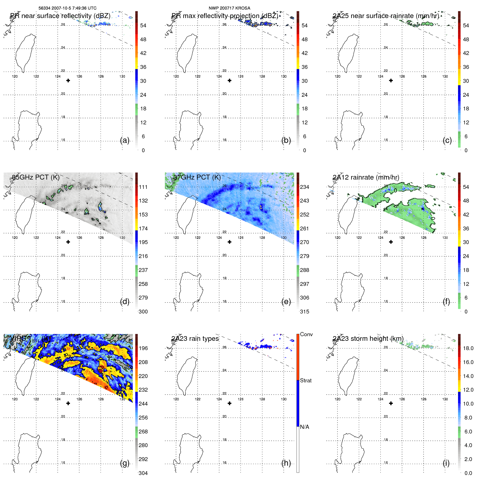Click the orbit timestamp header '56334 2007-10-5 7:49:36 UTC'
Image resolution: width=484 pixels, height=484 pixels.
click(68, 8)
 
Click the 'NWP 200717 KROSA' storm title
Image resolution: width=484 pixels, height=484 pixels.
click(229, 8)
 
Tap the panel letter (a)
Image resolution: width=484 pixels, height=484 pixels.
click(125, 140)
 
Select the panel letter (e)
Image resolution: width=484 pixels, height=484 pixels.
click(286, 302)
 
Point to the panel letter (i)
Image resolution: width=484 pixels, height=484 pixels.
click(446, 463)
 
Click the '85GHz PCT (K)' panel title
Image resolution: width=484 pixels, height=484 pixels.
click(36, 177)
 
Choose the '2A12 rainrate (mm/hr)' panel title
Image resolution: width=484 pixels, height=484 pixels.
click(366, 177)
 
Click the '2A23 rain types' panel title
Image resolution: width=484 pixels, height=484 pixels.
click(195, 339)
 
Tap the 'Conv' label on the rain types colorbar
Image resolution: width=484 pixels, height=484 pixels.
click(306, 335)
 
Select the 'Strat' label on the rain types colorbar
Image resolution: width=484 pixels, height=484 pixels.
click(306, 381)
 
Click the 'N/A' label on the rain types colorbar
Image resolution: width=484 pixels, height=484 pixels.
click(304, 427)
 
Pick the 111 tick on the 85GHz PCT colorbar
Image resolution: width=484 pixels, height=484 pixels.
click(143, 187)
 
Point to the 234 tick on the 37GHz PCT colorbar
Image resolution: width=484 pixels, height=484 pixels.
click(304, 187)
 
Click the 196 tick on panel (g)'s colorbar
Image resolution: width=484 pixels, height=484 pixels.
click(143, 348)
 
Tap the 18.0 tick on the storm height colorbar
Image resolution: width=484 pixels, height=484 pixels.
click(468, 348)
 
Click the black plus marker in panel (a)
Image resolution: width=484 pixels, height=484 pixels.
click(68, 81)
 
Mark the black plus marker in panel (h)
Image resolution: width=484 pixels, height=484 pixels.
click(230, 403)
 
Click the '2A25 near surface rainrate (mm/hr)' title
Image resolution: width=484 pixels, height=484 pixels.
click(386, 16)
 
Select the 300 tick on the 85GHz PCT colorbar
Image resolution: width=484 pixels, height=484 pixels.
click(143, 312)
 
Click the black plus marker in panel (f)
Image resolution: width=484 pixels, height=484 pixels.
click(391, 242)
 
